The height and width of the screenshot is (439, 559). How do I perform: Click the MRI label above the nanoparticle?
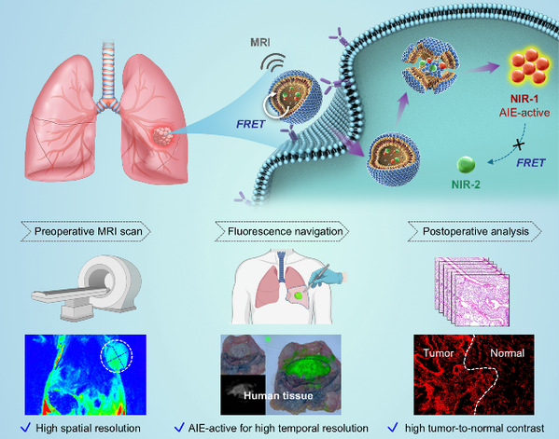click(x=259, y=42)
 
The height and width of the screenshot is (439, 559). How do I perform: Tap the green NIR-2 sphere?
click(x=466, y=164)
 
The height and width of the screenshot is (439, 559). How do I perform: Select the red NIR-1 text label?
click(x=524, y=99)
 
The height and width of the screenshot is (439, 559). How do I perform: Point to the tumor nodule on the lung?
click(x=163, y=136)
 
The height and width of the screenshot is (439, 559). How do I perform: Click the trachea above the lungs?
click(x=108, y=71)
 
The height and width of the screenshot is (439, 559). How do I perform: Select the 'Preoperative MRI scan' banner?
click(x=86, y=231)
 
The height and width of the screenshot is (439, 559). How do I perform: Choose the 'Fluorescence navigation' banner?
click(x=282, y=231)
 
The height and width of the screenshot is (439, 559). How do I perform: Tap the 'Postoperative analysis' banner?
click(x=475, y=231)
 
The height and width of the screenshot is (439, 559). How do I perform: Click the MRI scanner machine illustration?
click(x=88, y=287)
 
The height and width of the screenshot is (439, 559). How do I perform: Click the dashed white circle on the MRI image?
click(x=117, y=356)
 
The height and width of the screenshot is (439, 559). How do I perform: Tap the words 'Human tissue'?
click(x=278, y=395)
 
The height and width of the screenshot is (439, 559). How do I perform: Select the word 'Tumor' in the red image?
click(x=439, y=353)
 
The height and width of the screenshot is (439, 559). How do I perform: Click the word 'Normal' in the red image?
click(x=508, y=353)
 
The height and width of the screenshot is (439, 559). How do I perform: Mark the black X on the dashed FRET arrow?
click(x=519, y=144)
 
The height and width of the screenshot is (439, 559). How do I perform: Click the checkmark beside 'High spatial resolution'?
click(x=26, y=427)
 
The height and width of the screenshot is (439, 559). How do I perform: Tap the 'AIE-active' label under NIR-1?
click(x=524, y=113)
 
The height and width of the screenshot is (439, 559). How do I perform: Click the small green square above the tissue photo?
click(x=268, y=339)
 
